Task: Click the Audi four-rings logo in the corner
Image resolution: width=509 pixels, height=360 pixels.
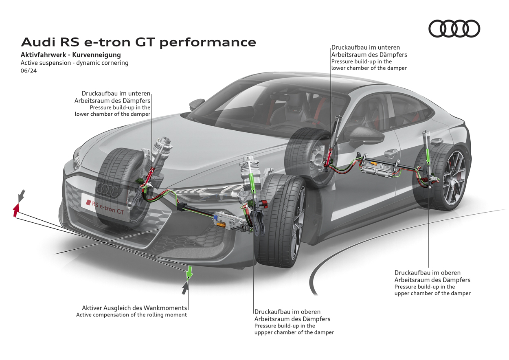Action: (454, 29)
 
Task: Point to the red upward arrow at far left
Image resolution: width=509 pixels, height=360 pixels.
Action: (16, 210)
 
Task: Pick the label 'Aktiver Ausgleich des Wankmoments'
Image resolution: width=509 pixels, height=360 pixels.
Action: (134, 308)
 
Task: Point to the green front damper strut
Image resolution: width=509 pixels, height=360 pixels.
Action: (253, 182)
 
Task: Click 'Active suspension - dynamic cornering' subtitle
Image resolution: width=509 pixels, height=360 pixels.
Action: (75, 63)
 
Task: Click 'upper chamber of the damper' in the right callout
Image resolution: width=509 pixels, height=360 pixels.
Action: (432, 293)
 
